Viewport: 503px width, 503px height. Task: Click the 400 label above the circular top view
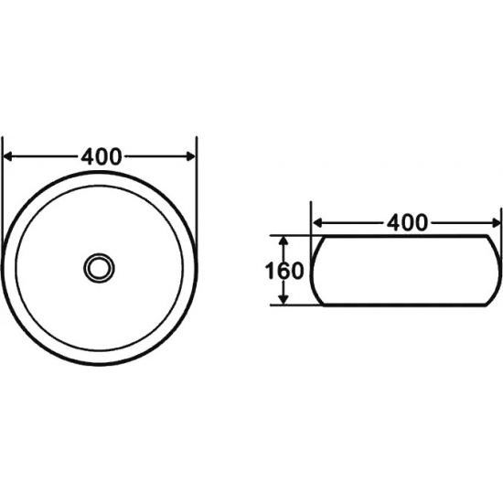click(102, 156)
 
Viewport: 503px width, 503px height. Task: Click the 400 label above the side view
click(407, 222)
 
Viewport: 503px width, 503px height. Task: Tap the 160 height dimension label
click(284, 271)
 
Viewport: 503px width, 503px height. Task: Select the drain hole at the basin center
click(99, 268)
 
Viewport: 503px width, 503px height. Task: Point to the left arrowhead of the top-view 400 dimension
click(7, 156)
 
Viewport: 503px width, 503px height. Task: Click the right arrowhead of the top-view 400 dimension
click(191, 156)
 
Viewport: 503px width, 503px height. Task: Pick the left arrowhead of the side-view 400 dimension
click(317, 222)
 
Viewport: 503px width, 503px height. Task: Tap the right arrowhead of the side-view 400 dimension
click(496, 222)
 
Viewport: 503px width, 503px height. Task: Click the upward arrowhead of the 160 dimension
click(283, 241)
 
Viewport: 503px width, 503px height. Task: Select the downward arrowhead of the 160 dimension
click(283, 299)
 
